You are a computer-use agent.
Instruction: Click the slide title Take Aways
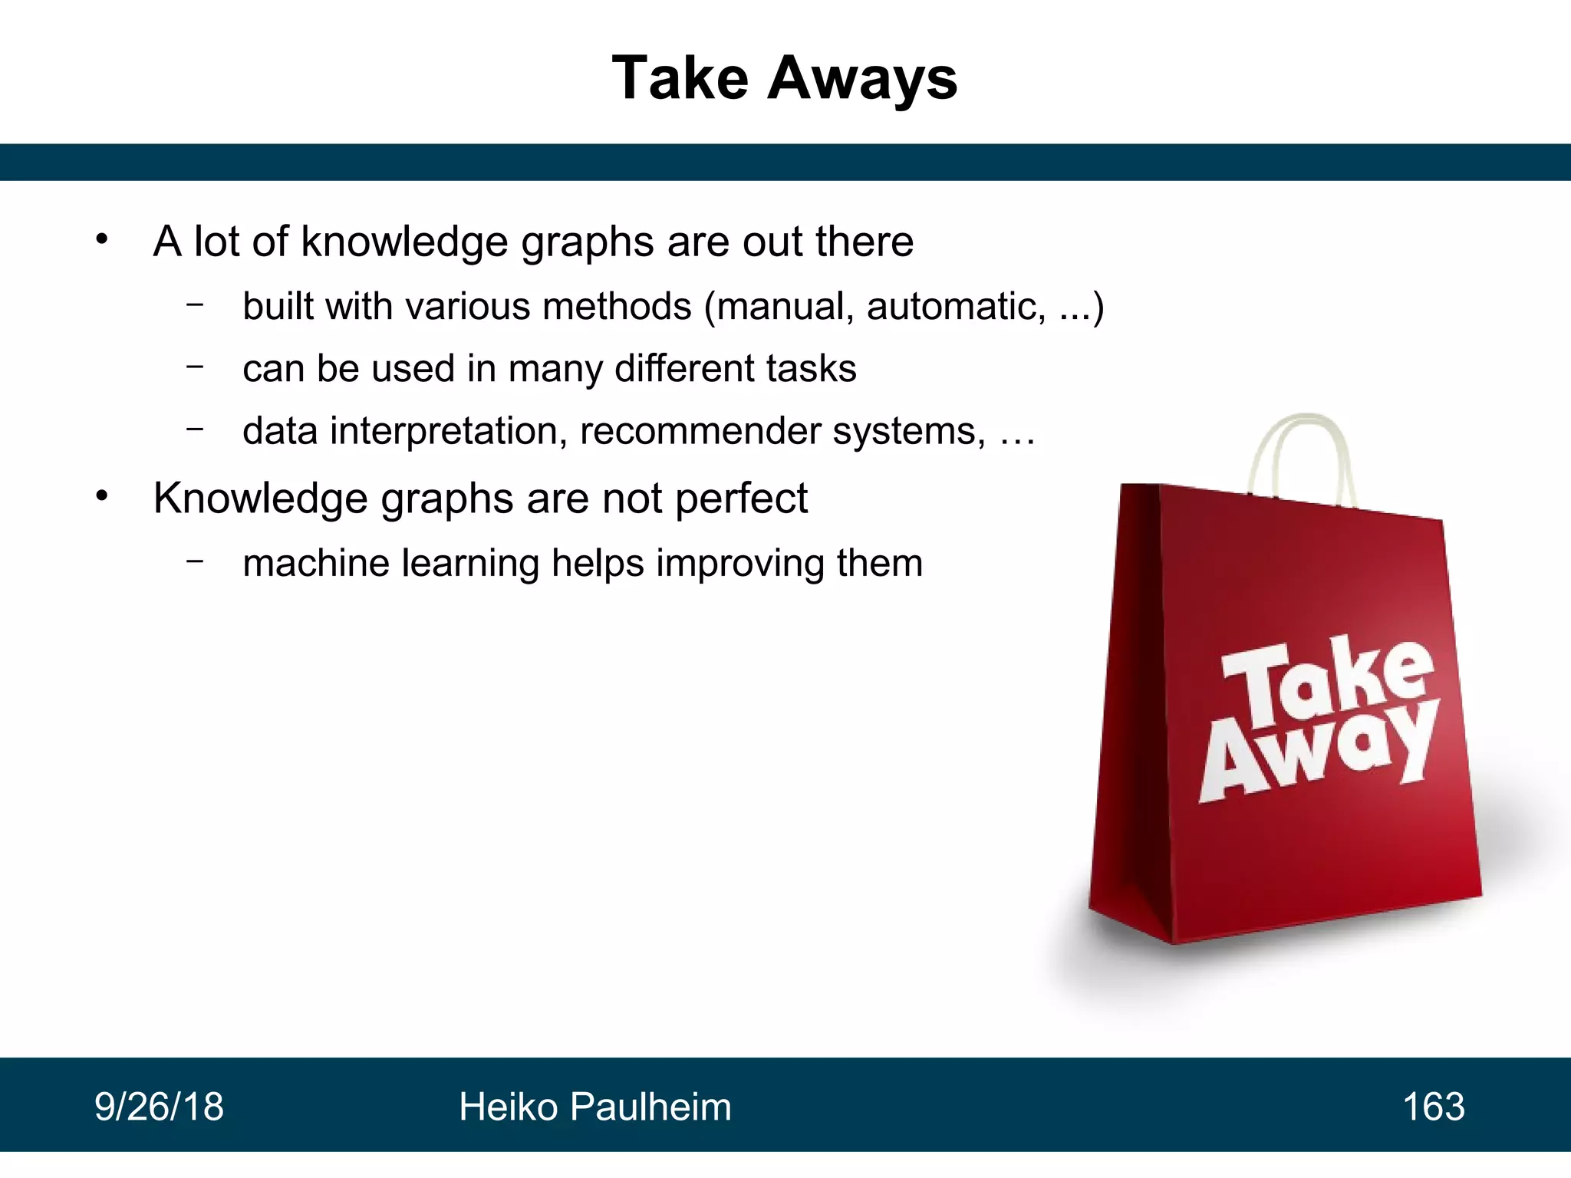point(785,79)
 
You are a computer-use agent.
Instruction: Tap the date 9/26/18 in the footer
point(159,1107)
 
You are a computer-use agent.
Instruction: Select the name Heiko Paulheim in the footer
point(595,1107)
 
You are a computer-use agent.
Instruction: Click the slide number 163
point(1433,1107)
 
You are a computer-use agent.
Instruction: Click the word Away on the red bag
point(1319,755)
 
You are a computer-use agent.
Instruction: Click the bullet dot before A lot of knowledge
point(102,240)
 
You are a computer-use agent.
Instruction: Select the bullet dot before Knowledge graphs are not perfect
point(102,497)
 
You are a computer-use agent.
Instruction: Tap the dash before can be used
point(195,367)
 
